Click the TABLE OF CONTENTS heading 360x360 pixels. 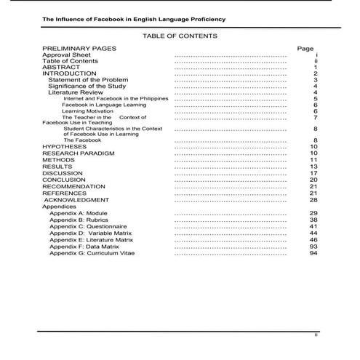[180, 35]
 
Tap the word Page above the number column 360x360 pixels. [305, 48]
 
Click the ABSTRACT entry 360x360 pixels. [61, 67]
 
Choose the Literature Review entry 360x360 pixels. [76, 92]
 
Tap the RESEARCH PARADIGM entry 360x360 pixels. [79, 153]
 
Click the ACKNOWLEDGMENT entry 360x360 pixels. [77, 199]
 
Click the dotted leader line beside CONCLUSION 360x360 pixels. [231, 180]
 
